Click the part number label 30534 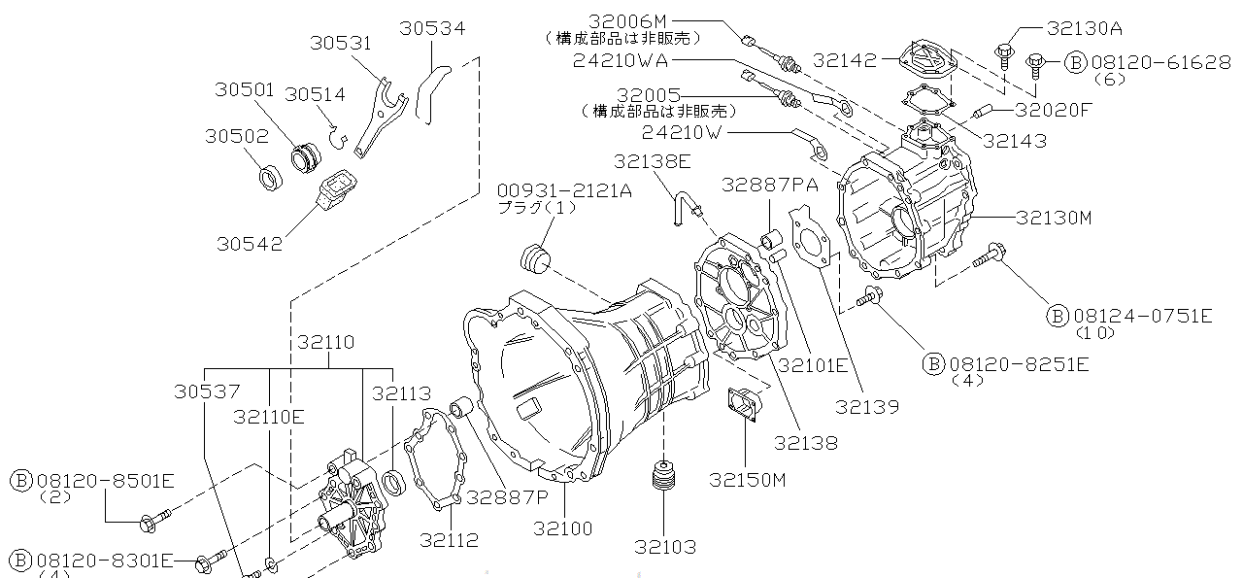(x=432, y=29)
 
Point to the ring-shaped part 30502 (x=269, y=179)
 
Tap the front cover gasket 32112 (x=433, y=460)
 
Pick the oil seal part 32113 (x=392, y=480)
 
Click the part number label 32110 (x=327, y=342)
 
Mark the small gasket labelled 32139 (x=808, y=241)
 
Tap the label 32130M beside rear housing (x=1055, y=219)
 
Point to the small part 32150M (x=746, y=407)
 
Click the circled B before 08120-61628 (x=1075, y=62)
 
